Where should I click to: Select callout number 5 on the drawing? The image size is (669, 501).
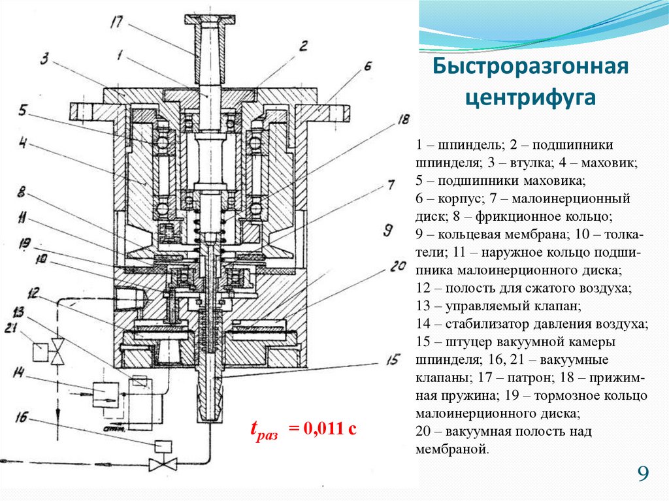(x=23, y=112)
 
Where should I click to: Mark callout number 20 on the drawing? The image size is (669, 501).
(x=398, y=267)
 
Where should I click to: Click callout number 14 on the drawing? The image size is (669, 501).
(x=20, y=374)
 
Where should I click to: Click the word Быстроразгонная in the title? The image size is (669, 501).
(x=530, y=67)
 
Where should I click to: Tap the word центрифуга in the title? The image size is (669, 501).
(x=530, y=98)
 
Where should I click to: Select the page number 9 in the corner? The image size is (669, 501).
(x=643, y=474)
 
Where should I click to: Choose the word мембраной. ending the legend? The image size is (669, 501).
(x=451, y=449)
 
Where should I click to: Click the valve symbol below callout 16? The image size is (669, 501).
(x=158, y=465)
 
